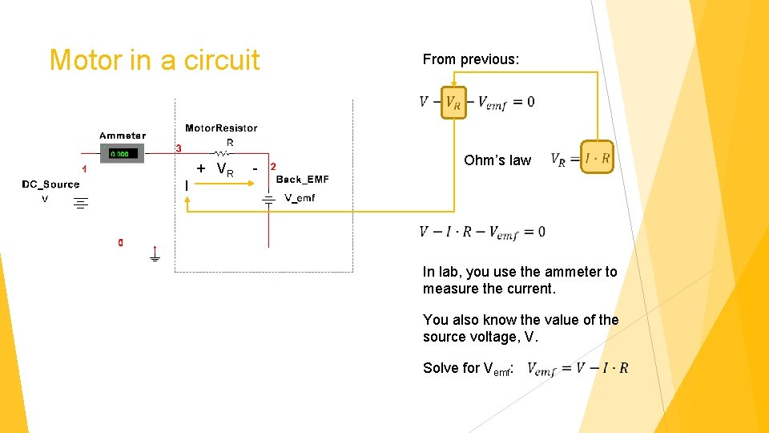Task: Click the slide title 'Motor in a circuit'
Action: (155, 60)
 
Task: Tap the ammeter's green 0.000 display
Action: (123, 153)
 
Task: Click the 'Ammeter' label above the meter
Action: (123, 136)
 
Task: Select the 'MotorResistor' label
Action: (221, 127)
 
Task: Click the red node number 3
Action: (179, 148)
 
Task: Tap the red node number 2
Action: (273, 167)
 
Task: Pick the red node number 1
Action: (84, 168)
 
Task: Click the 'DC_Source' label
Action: (50, 184)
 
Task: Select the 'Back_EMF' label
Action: (302, 179)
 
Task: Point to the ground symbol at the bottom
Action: (155, 257)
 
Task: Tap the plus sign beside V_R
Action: (200, 168)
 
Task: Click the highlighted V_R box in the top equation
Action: (453, 102)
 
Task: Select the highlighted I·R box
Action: (597, 159)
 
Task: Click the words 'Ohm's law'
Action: (497, 160)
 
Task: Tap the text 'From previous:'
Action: (471, 59)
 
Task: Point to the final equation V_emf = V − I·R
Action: (578, 368)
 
